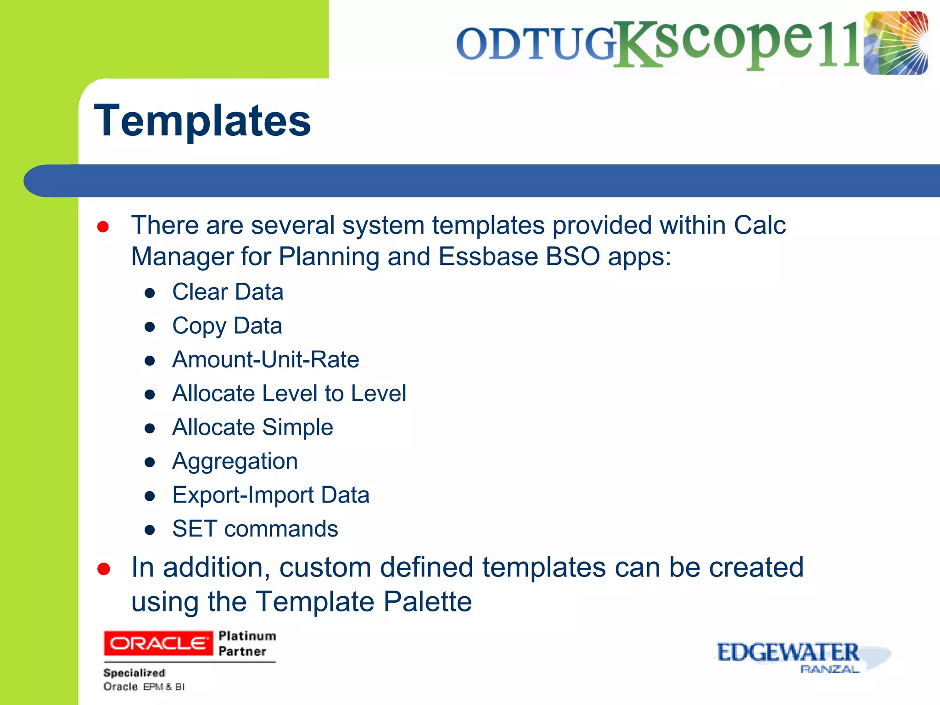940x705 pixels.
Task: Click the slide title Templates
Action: pos(202,121)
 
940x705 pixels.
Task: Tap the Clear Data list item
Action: pos(228,292)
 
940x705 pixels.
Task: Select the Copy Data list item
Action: pos(227,326)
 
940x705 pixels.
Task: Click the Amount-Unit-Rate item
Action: pos(265,359)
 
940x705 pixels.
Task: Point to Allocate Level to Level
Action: pos(289,393)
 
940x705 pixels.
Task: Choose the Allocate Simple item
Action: pos(252,427)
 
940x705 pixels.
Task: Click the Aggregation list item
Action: pos(235,461)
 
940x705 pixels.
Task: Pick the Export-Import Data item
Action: pos(271,495)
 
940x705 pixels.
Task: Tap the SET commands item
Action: pos(255,529)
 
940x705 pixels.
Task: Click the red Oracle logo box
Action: pos(158,643)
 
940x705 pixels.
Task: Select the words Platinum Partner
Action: pos(247,643)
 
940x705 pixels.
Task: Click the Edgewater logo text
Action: pos(788,652)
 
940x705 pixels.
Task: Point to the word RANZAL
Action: pos(829,669)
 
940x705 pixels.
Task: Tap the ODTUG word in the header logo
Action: pos(535,44)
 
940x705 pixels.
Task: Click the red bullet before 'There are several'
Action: pos(103,227)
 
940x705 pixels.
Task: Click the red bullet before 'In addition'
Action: pos(104,569)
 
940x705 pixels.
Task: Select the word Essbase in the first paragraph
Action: pos(488,256)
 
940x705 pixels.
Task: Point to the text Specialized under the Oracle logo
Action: pos(134,673)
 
